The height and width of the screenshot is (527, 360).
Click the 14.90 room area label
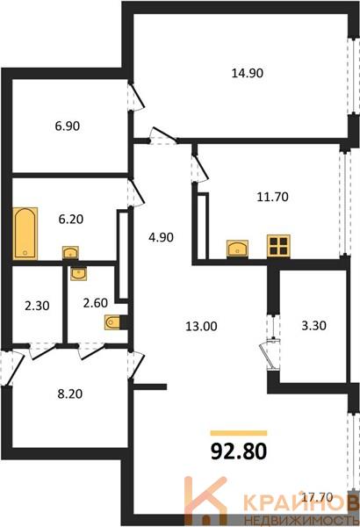click(248, 73)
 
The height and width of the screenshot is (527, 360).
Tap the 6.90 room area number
click(68, 126)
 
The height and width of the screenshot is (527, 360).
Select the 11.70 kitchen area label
click(272, 197)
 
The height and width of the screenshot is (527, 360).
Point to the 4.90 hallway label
click(161, 237)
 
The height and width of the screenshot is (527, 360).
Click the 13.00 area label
click(201, 326)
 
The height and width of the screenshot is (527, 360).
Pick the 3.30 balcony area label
click(313, 325)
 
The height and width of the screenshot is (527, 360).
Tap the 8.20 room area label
click(70, 393)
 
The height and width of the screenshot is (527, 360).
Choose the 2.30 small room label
click(37, 306)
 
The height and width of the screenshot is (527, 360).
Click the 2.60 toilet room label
click(96, 303)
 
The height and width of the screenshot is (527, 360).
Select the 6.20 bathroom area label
click(71, 219)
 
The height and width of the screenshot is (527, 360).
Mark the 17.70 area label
click(317, 497)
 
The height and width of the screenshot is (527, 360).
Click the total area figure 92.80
click(239, 451)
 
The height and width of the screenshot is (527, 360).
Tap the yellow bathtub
click(25, 234)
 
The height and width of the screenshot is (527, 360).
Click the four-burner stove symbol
click(278, 246)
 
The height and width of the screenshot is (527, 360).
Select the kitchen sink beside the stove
click(238, 249)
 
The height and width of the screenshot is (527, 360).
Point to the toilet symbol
click(112, 322)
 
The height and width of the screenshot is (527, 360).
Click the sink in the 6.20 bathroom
click(70, 253)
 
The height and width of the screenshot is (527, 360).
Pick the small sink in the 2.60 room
click(79, 273)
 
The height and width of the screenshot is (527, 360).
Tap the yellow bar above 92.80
click(239, 433)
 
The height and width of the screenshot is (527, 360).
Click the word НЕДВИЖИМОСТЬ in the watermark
click(301, 518)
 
